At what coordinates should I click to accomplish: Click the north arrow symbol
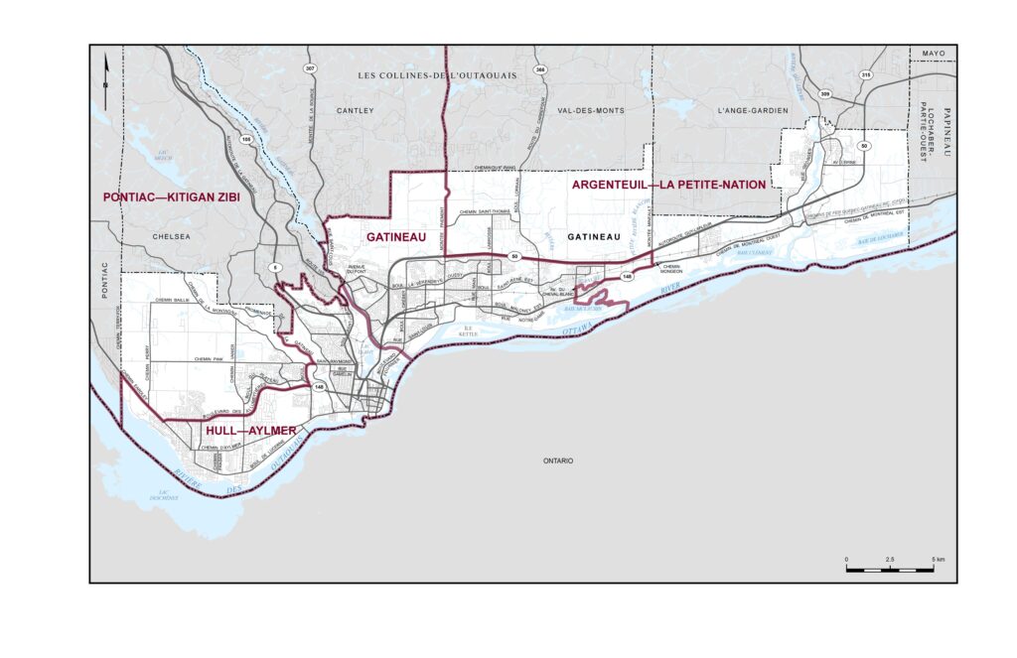tap(107, 71)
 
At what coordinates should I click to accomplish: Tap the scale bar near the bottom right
tap(889, 570)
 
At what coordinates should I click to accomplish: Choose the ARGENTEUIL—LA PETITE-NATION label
tap(667, 185)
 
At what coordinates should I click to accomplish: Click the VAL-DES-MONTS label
tap(591, 111)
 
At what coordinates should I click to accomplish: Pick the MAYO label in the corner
tap(934, 53)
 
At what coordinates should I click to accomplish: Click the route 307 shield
tap(310, 67)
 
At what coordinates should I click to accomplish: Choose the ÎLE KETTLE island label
tap(469, 331)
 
